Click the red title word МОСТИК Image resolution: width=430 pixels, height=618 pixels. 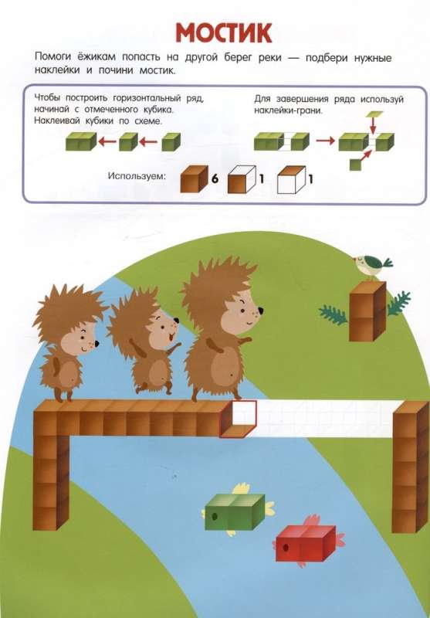click(x=224, y=32)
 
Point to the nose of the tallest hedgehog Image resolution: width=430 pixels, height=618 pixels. click(x=260, y=311)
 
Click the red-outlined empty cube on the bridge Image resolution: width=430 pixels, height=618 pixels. click(x=239, y=419)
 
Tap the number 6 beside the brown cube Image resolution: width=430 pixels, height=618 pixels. click(x=215, y=179)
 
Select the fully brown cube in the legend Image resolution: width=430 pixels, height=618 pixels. click(x=194, y=179)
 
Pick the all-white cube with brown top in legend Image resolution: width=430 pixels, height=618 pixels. click(x=291, y=180)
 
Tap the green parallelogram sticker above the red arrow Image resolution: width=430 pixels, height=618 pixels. click(x=374, y=114)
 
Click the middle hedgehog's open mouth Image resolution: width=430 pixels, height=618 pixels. click(x=170, y=338)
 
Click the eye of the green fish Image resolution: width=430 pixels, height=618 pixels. click(x=214, y=516)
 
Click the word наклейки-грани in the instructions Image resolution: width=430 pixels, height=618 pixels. click(x=288, y=110)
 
